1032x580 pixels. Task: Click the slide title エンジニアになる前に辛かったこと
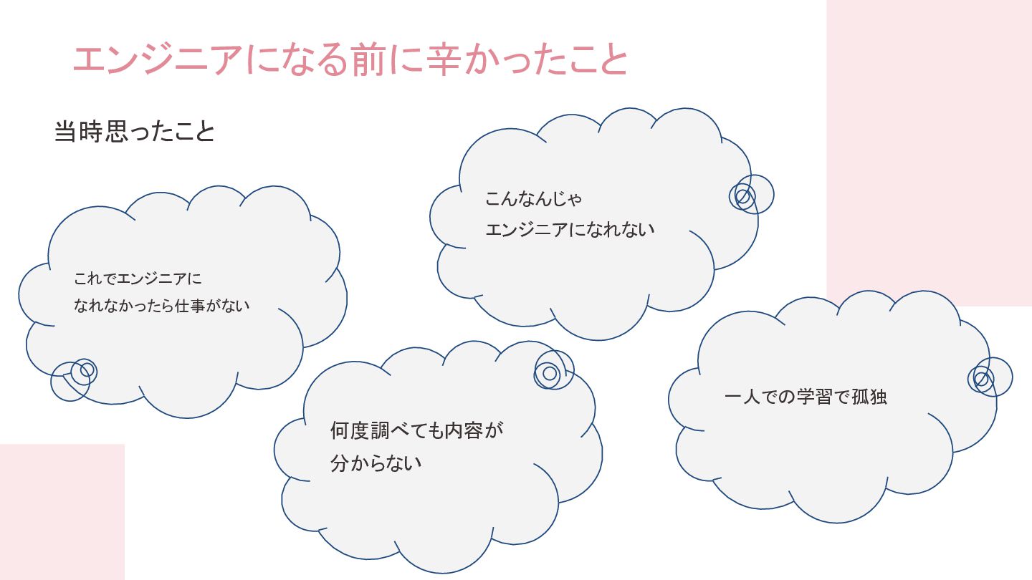point(350,59)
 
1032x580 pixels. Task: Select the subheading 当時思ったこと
point(134,132)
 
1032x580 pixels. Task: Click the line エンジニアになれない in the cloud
point(570,230)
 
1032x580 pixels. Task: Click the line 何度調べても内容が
point(416,430)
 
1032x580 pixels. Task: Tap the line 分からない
point(376,463)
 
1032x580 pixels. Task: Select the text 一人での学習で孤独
point(806,397)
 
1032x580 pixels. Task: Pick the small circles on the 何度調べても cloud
point(553,370)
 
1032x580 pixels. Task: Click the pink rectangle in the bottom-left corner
point(62,511)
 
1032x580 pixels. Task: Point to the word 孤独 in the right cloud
point(869,397)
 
